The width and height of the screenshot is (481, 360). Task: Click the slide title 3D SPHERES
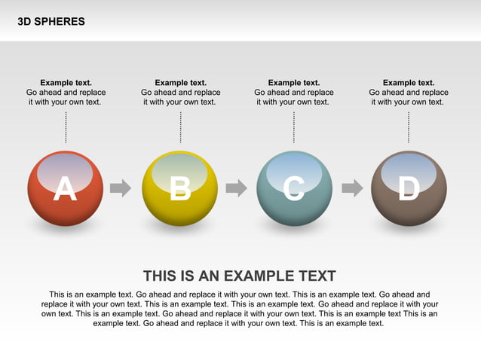click(x=51, y=22)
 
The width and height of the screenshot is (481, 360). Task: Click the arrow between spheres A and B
click(x=121, y=188)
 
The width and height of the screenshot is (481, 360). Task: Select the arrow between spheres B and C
click(x=236, y=188)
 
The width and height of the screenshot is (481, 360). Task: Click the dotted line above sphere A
click(x=66, y=127)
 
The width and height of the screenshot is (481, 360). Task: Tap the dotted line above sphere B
click(x=180, y=127)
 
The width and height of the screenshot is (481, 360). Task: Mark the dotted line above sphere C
click(x=294, y=127)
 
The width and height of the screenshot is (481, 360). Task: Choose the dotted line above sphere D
click(x=409, y=127)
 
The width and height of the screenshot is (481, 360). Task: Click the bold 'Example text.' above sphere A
click(x=66, y=83)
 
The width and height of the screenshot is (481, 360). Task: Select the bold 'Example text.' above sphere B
click(x=180, y=83)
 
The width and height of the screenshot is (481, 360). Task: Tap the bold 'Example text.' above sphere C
click(x=294, y=83)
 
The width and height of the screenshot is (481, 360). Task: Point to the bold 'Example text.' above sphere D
click(x=409, y=83)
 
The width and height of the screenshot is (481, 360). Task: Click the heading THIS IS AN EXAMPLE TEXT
click(x=240, y=276)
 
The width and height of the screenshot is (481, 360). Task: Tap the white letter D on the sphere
click(x=409, y=190)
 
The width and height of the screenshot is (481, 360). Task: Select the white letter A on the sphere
click(x=65, y=190)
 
